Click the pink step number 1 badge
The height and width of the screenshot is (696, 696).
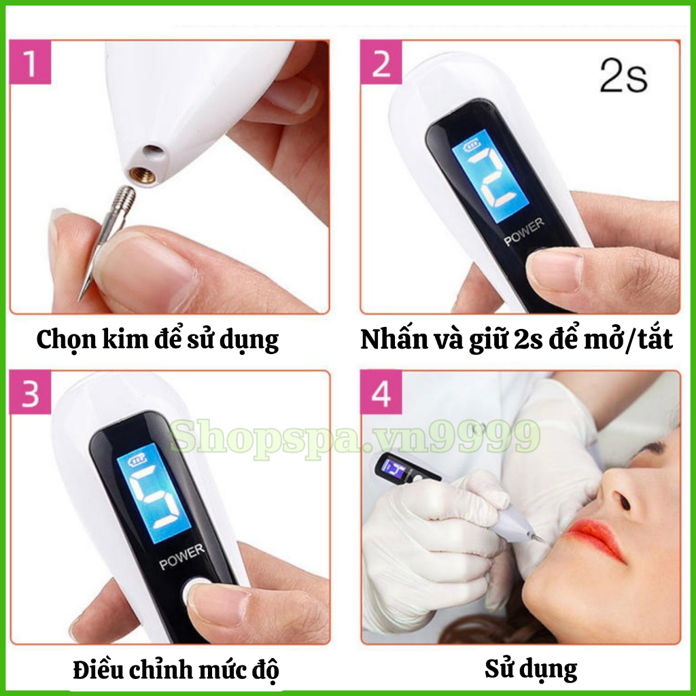[30, 62]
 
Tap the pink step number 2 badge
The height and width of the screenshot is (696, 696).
[381, 62]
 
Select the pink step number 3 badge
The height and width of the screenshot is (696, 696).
[30, 392]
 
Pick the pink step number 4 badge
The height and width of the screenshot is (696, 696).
[381, 392]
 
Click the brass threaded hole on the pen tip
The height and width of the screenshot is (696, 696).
[143, 175]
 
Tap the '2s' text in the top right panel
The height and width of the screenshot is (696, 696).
[623, 76]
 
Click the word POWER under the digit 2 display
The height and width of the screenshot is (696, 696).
[524, 231]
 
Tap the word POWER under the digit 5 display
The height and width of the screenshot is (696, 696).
[182, 557]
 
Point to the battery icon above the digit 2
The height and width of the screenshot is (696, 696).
[471, 146]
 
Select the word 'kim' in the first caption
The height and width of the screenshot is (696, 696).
[125, 339]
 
